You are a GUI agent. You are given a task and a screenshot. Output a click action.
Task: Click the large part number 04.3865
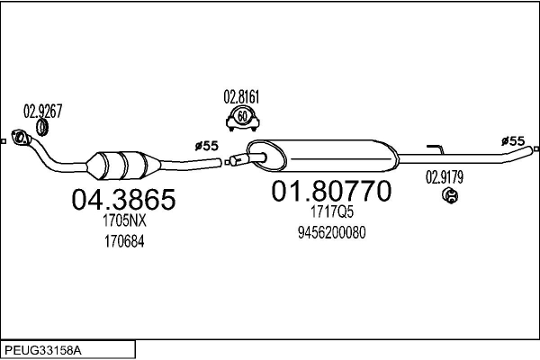(123, 199)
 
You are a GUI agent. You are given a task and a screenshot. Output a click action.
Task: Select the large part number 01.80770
(331, 191)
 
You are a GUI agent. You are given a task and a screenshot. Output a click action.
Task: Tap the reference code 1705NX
(124, 220)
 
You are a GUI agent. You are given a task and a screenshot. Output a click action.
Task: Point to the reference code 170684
(124, 241)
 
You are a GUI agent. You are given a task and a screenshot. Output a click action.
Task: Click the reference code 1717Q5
(332, 211)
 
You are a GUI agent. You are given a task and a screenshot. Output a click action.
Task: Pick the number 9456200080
(331, 233)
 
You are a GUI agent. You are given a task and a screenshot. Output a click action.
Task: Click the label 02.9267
(42, 111)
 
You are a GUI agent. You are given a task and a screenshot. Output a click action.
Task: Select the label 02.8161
(241, 97)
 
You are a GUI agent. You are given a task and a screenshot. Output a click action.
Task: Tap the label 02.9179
(445, 177)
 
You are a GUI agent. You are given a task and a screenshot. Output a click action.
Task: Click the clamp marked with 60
(242, 119)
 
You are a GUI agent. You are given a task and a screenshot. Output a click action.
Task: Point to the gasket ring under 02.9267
(42, 128)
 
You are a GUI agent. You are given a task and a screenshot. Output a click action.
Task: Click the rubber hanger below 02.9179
(450, 195)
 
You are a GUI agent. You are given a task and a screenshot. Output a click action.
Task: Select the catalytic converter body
(123, 166)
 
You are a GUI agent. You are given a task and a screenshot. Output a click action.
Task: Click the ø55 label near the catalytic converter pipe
(207, 146)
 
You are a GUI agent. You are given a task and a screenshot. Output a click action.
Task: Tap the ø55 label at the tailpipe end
(513, 141)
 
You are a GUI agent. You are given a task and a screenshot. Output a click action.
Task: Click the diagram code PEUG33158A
(43, 351)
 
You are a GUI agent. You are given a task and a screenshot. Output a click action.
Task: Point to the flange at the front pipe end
(21, 138)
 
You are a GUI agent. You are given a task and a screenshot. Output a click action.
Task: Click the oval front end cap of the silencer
(266, 157)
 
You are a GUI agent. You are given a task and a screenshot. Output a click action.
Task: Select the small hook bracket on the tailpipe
(436, 149)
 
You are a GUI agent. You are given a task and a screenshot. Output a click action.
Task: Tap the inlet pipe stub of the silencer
(247, 159)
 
